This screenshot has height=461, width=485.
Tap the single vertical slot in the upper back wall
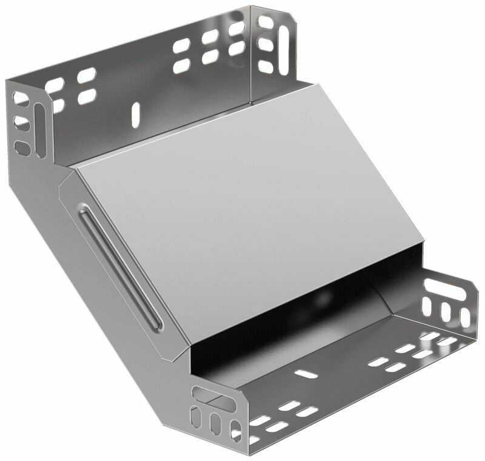[x=136, y=115]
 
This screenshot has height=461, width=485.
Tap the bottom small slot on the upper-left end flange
[x=22, y=147]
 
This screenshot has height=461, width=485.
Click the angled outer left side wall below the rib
[x=91, y=291]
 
